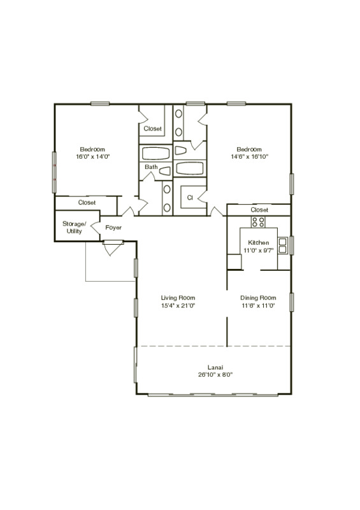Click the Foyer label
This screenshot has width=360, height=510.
coord(113,228)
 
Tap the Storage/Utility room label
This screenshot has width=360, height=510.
coord(72,228)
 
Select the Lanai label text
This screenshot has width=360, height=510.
coord(214,367)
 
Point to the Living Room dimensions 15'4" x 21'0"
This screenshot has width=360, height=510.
coord(178,306)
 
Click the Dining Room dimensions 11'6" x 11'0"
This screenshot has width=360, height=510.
coord(257,306)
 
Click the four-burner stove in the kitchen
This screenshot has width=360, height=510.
coord(258,222)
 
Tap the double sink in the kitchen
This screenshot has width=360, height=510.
coord(283,245)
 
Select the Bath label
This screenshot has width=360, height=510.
coord(150,168)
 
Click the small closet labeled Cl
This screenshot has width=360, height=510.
coord(190,198)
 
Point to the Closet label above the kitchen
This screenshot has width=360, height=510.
coord(259,210)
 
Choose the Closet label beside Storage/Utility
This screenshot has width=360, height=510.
coord(87,203)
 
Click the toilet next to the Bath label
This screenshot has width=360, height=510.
coord(165,171)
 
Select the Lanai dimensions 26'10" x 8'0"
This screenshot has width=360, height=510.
coord(214,375)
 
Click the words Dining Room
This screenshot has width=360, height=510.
coord(257,298)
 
